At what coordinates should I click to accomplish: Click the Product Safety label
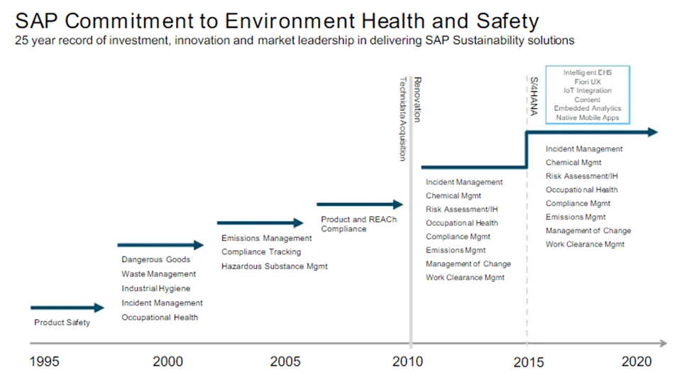tap(62, 323)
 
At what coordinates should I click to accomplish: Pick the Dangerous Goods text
tap(155, 260)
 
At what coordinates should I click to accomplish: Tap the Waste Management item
tap(158, 274)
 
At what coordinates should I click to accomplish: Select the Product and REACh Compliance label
tap(358, 225)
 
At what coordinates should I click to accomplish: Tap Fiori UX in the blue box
tap(582, 82)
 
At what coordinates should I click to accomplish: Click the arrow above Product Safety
tap(67, 308)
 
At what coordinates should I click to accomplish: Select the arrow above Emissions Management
tap(260, 223)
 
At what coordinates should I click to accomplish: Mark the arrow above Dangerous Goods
tap(160, 245)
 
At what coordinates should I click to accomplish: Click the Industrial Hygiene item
tap(155, 288)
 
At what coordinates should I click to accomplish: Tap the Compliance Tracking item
tap(261, 252)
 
